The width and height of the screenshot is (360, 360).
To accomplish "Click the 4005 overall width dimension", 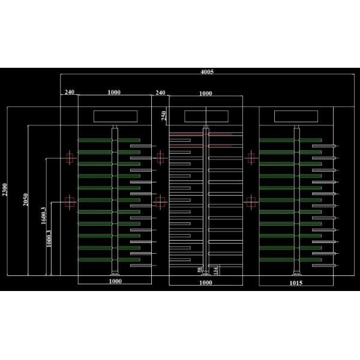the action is (x=206, y=71).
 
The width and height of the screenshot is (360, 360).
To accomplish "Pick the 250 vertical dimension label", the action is (x=164, y=115).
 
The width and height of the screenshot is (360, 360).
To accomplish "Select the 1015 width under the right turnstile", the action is (x=296, y=282).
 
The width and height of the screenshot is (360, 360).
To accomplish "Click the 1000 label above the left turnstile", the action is (x=114, y=92).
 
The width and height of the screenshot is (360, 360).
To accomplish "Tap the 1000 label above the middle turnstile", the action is (x=205, y=94).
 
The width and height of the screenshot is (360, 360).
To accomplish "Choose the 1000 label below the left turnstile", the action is (x=115, y=281).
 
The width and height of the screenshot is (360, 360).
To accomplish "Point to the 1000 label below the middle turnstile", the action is (x=206, y=282).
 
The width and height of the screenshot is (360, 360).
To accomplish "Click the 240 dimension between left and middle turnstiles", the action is (x=160, y=92).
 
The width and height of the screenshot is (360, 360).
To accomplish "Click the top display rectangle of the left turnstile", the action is (x=115, y=116).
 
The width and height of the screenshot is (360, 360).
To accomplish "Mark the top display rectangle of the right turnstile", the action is (x=296, y=116).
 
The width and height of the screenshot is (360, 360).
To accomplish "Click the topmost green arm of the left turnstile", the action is (x=108, y=140).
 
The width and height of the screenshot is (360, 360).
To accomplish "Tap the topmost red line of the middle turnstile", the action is (x=200, y=134).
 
